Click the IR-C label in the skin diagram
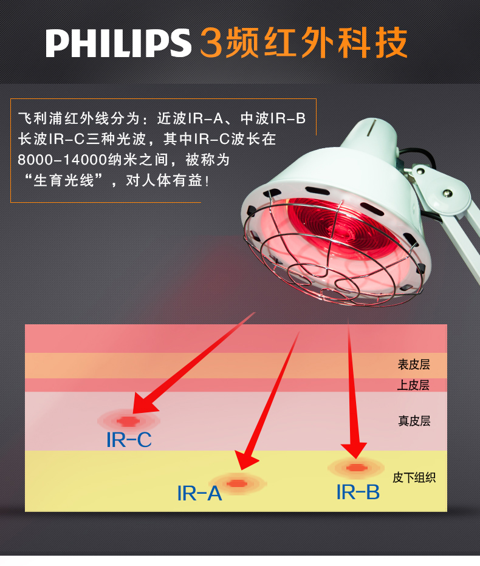(x=129, y=440)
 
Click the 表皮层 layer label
(x=414, y=364)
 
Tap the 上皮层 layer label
(x=414, y=385)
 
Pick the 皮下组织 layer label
(x=414, y=477)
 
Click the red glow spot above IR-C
(x=128, y=420)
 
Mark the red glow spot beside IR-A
(x=237, y=483)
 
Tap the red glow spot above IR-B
(x=356, y=468)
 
